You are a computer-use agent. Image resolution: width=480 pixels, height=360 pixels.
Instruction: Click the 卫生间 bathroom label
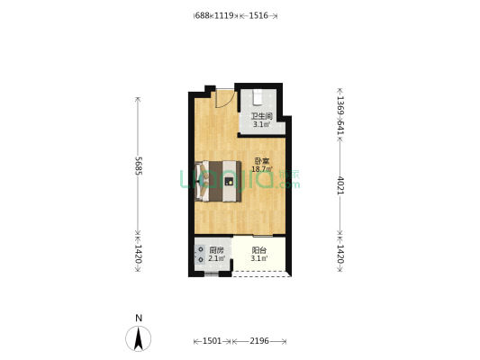click(261, 116)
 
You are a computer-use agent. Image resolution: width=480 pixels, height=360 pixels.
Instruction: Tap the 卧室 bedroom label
click(261, 160)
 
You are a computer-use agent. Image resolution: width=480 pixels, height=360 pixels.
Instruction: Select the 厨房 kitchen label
click(216, 250)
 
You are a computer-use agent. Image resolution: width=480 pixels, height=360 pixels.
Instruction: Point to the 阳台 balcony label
click(259, 250)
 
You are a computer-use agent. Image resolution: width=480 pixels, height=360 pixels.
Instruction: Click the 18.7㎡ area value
click(261, 169)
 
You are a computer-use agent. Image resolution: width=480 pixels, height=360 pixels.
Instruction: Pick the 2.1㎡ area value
click(216, 259)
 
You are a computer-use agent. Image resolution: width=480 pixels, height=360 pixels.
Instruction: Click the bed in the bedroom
click(219, 181)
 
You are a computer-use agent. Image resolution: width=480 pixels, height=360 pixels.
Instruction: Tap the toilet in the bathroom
click(259, 96)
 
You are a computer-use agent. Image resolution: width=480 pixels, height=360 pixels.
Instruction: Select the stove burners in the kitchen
click(200, 255)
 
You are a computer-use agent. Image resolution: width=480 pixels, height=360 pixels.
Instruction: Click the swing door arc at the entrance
click(223, 97)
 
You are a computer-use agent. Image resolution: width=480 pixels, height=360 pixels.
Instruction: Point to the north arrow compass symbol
click(138, 338)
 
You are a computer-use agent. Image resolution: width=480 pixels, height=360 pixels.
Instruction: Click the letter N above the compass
click(138, 318)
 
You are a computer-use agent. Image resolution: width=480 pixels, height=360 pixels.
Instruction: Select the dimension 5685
click(138, 166)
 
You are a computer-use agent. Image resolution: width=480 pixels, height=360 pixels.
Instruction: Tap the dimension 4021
click(340, 185)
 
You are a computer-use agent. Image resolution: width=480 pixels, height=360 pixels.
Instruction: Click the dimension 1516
click(258, 15)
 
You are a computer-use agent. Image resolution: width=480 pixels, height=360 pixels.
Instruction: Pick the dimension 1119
click(224, 15)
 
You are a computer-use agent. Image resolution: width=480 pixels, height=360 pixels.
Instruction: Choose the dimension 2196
click(258, 341)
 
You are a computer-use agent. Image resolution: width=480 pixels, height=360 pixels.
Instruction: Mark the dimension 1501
click(213, 341)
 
